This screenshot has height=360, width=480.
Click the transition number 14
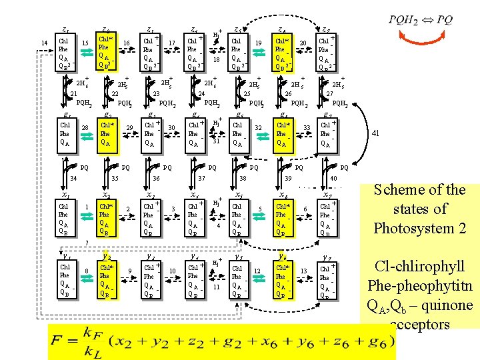44,43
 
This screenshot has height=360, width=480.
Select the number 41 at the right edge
376,133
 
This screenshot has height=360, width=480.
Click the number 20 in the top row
303,43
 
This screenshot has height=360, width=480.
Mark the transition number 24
201,94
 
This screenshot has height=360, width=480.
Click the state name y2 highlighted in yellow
106,256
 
